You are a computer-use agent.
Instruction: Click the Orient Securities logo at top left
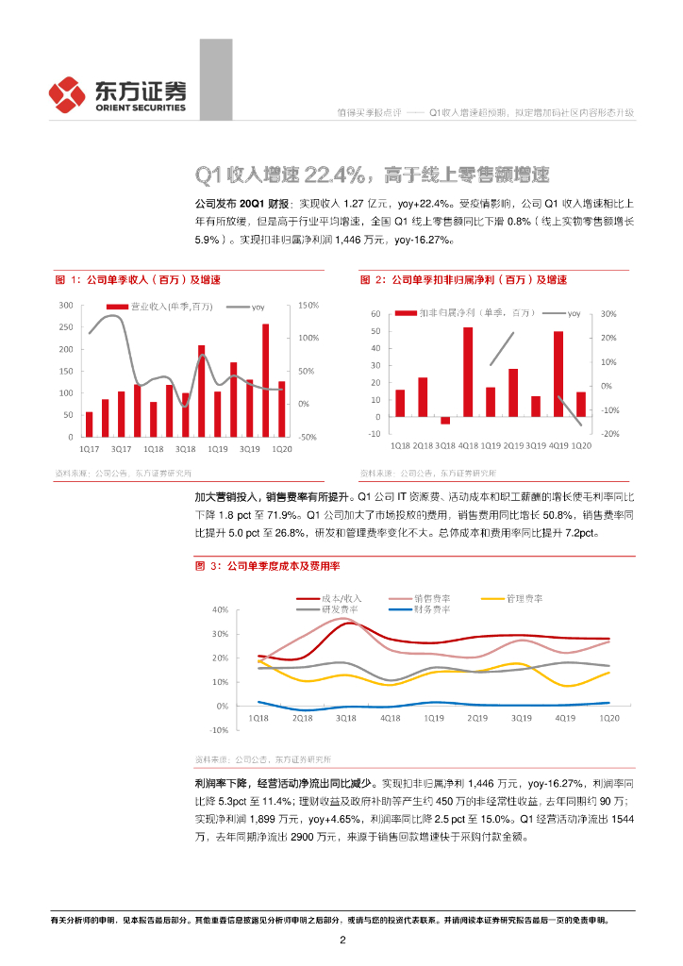116,93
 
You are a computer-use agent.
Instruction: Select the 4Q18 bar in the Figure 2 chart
468,372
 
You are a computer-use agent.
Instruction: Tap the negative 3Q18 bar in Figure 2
445,420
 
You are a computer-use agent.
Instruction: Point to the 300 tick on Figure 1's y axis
65,306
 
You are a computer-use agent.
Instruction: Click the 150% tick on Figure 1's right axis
309,306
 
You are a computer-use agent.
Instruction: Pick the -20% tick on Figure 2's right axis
608,433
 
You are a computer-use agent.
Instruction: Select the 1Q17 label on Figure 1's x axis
89,449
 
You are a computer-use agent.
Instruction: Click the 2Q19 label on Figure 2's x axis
513,444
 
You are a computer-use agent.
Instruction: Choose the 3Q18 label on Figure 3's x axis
345,718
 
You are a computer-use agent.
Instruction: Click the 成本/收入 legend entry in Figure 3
341,598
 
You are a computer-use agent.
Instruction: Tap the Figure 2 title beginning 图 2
463,280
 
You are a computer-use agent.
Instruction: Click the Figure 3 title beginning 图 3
267,565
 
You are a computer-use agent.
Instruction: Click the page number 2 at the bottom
342,941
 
